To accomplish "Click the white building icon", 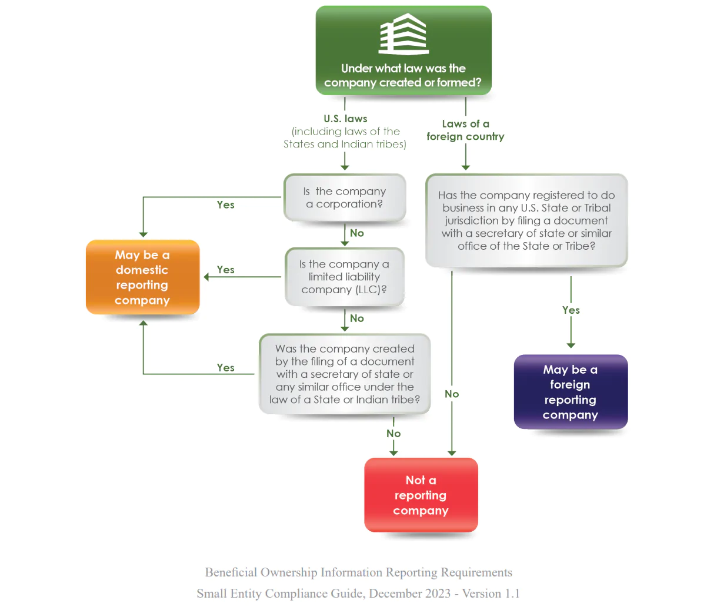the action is [x=403, y=34].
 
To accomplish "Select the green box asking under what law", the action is [x=403, y=50].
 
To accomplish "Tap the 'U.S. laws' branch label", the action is [x=345, y=119].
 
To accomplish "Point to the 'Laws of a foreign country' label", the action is [x=465, y=130].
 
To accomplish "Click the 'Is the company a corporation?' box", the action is [x=345, y=197].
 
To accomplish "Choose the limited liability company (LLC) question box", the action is [x=345, y=277].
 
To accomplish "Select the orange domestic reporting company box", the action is [x=142, y=277].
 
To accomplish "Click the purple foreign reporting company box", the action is [x=571, y=392].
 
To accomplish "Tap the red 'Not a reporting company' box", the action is [x=421, y=495].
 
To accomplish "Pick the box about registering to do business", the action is [x=526, y=221].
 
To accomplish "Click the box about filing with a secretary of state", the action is [x=345, y=374].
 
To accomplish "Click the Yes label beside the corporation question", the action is [x=225, y=205].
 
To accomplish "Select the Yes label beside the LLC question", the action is [x=225, y=270].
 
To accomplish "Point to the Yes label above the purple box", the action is [x=571, y=310].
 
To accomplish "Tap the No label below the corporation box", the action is [x=357, y=233].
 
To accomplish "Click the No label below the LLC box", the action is [x=357, y=318].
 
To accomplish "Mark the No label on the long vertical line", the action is [x=452, y=394].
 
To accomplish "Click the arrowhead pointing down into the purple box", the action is [x=571, y=346].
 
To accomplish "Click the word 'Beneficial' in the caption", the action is [x=231, y=572].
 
